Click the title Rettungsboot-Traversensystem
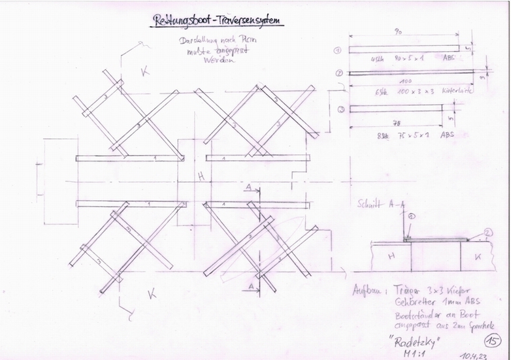coord(218,20)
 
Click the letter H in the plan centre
coord(201,177)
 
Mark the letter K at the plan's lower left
coord(152,294)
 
